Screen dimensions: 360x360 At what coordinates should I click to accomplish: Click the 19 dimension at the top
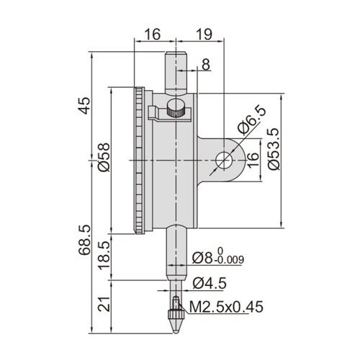tap(204, 35)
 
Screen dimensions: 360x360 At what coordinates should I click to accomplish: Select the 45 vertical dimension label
tap(84, 106)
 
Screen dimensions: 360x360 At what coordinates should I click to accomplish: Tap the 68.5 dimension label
tap(84, 240)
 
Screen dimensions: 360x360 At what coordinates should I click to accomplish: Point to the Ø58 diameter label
tap(104, 158)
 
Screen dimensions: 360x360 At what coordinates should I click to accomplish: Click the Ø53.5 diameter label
tap(274, 149)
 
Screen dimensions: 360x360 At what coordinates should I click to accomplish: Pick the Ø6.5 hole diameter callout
tap(251, 119)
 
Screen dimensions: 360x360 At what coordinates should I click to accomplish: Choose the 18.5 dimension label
tap(104, 256)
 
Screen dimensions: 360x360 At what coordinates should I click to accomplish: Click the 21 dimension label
tap(104, 305)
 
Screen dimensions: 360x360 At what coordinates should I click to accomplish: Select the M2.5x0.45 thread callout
tap(226, 307)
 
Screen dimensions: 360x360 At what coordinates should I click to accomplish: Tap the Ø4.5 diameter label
tap(210, 283)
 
